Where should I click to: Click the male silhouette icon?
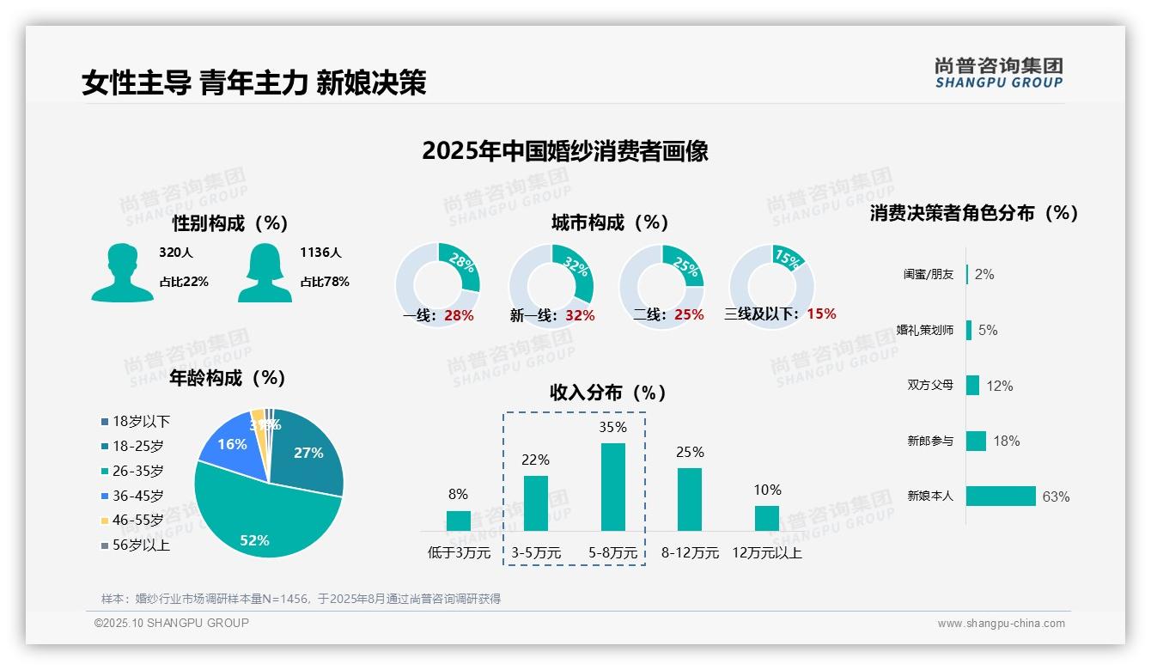[122, 272]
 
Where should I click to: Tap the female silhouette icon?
[265, 272]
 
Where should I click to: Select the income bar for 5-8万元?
[612, 487]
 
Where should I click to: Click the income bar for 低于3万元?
[459, 521]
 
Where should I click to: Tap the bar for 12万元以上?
[767, 518]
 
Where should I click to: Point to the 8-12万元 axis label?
[690, 553]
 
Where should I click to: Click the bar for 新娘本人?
[1001, 496]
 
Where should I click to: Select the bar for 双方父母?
[972, 386]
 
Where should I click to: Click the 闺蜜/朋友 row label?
[929, 275]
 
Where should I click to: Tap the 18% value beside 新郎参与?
[1006, 442]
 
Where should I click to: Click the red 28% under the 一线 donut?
[459, 316]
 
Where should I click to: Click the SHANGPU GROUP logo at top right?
[998, 73]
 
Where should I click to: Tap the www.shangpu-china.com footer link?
[1001, 624]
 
